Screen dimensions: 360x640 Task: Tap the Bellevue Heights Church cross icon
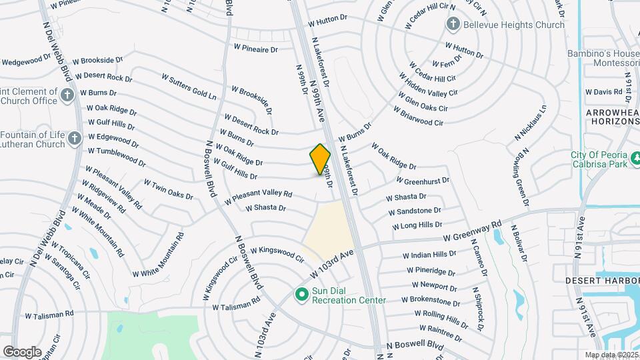453,25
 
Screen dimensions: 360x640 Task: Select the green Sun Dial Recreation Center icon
301,293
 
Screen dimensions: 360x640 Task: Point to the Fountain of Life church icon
75,139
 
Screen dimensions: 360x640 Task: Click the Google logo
23,351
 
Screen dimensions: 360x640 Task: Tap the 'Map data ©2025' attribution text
611,355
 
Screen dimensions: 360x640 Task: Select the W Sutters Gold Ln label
189,87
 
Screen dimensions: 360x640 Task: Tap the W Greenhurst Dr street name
422,180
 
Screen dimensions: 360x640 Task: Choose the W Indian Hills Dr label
429,255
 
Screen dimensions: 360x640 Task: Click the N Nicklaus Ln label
531,123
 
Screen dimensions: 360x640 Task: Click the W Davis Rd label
603,91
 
